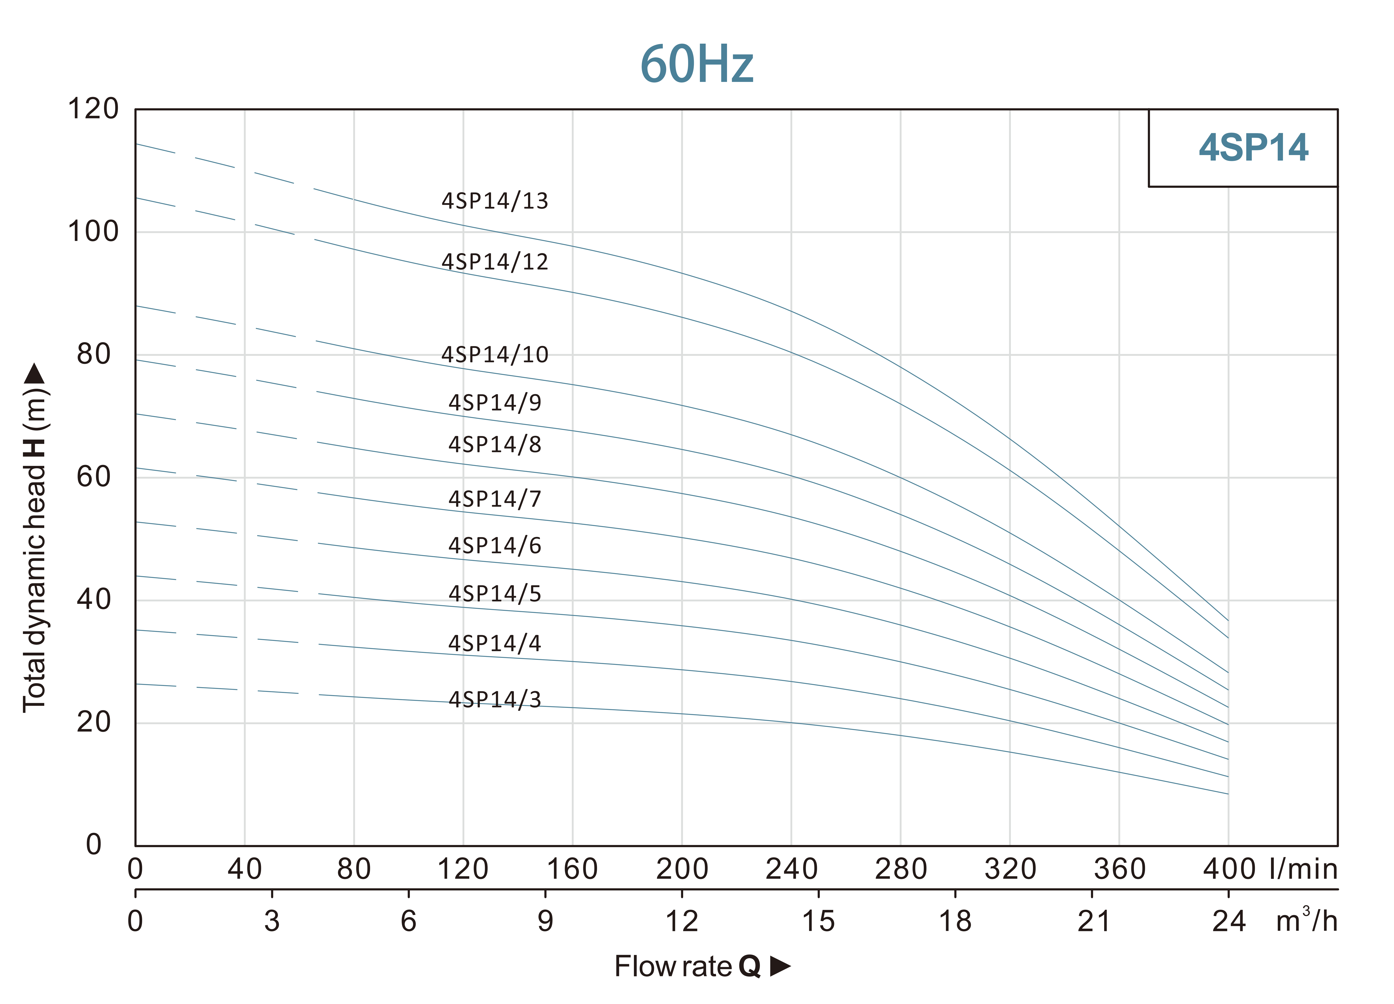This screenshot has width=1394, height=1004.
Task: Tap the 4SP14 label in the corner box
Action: click(1253, 148)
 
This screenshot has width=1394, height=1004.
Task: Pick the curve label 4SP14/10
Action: click(495, 355)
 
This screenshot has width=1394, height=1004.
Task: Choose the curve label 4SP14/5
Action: click(495, 593)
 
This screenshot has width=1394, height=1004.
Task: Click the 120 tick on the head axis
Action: click(93, 109)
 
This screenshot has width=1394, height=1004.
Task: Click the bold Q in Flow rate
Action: click(749, 967)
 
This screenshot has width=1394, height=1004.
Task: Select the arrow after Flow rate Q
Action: click(780, 967)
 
